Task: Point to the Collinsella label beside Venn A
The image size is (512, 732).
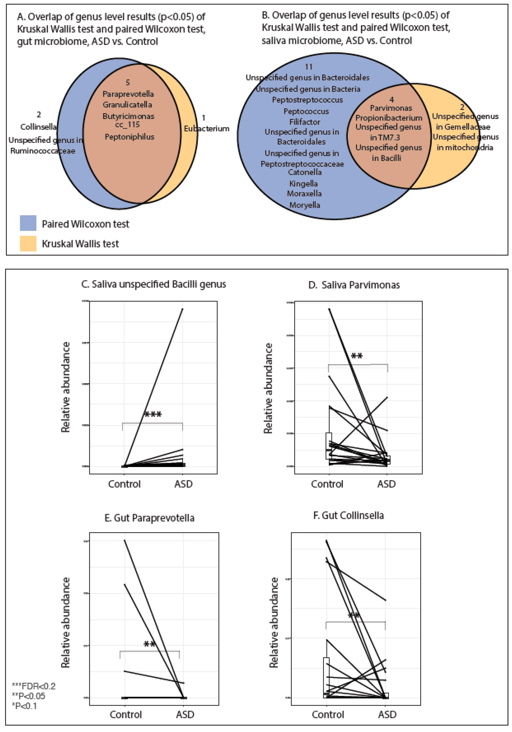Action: [38, 127]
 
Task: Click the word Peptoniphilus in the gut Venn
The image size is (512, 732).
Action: [129, 137]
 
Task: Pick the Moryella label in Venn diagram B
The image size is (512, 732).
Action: [305, 205]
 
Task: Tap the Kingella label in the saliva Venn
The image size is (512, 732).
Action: [303, 184]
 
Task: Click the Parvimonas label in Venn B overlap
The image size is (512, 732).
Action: [391, 108]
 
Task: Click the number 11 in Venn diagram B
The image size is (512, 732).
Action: [308, 67]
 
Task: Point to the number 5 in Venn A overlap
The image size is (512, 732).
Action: [128, 83]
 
